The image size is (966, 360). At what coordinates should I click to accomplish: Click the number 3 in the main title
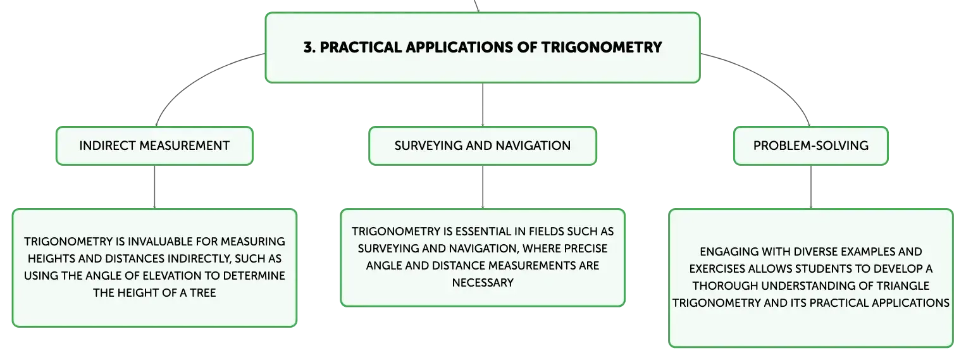(x=308, y=47)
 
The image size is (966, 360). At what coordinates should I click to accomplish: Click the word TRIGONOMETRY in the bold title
(x=601, y=47)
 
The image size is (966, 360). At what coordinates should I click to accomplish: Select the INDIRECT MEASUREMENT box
(x=154, y=146)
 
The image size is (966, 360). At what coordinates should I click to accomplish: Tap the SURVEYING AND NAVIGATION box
(x=483, y=146)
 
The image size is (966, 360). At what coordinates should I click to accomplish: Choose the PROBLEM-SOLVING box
(x=811, y=146)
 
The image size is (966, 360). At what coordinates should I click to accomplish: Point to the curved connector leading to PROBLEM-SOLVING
(x=772, y=80)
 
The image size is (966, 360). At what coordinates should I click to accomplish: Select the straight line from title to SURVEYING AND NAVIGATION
(x=483, y=104)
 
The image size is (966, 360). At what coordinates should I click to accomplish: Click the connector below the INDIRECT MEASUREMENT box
(x=154, y=187)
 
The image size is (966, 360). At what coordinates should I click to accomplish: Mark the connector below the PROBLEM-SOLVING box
(x=811, y=187)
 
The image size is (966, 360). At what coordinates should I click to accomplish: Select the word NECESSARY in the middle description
(x=483, y=283)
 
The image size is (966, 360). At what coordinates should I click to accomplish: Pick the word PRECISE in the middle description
(x=586, y=249)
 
